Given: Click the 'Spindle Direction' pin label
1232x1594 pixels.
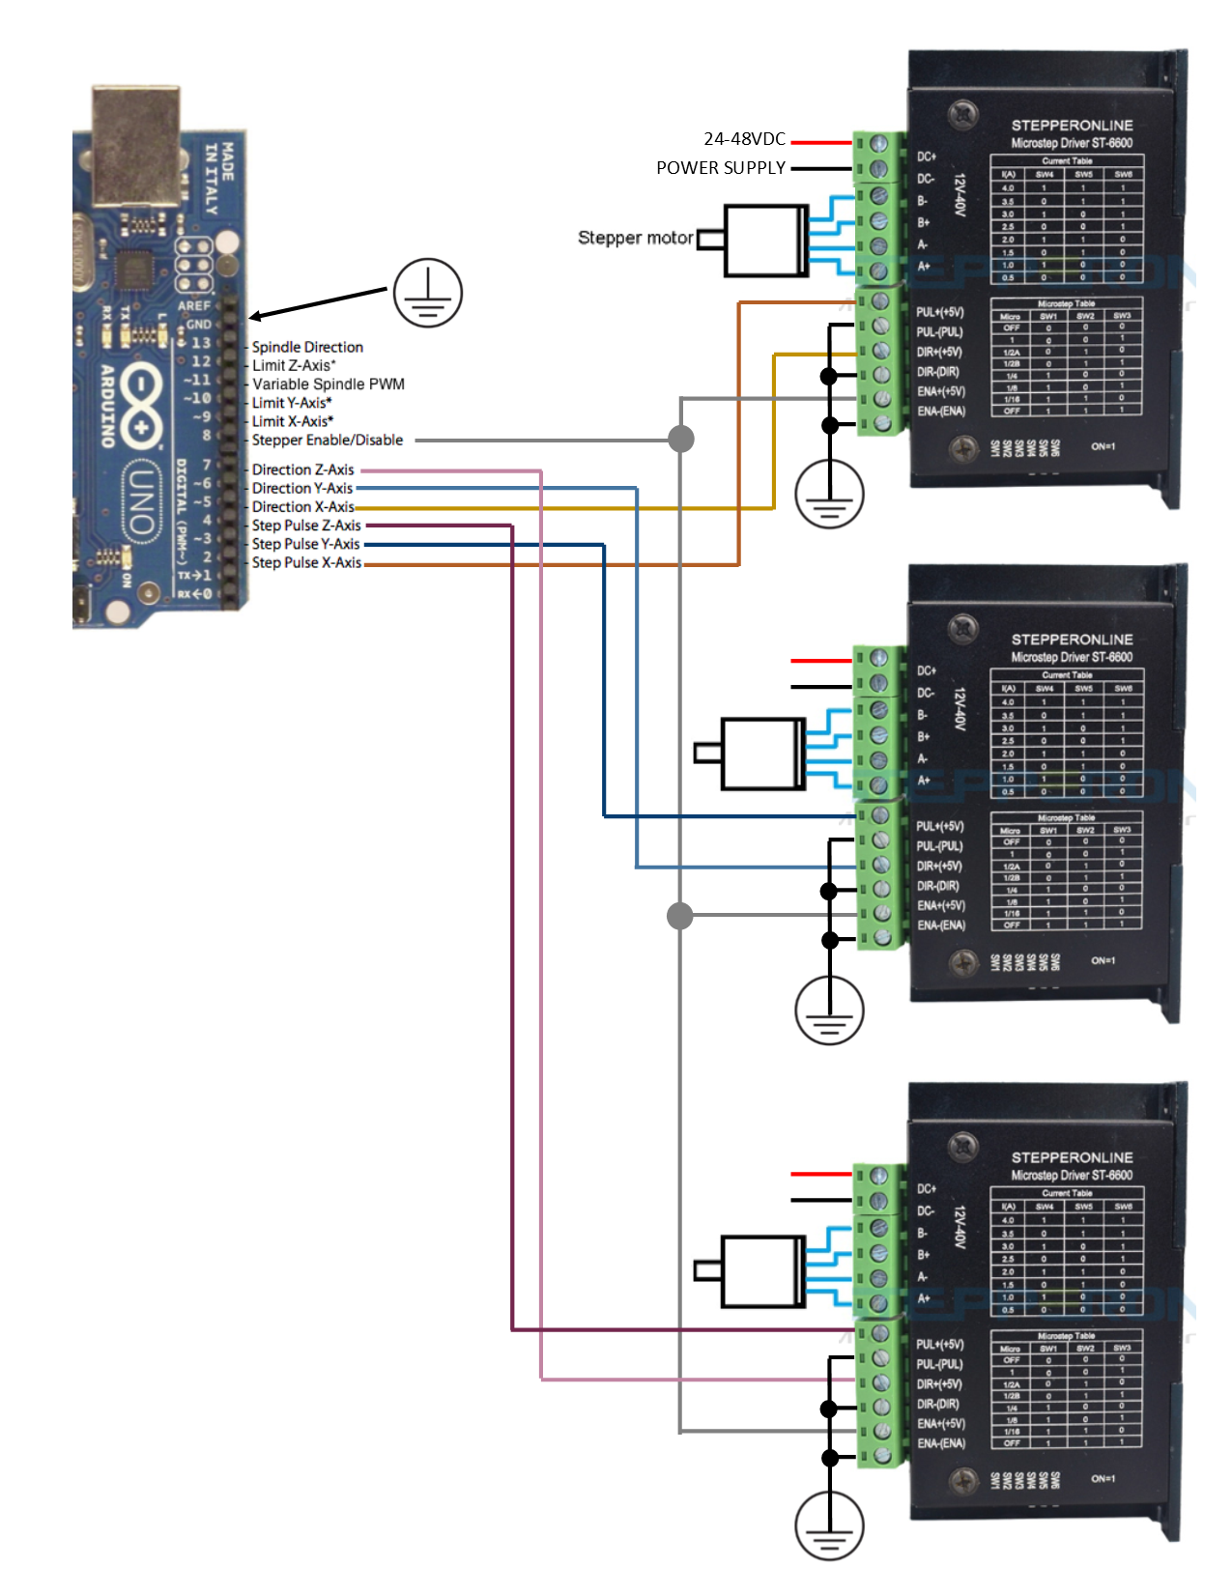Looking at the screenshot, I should [x=307, y=347].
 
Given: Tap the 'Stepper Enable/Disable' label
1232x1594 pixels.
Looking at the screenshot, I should [x=328, y=440].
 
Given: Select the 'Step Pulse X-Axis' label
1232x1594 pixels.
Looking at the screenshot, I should [x=306, y=562].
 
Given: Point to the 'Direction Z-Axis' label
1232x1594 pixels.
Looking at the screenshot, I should [x=303, y=470].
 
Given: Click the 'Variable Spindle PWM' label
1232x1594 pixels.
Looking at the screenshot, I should [x=329, y=384].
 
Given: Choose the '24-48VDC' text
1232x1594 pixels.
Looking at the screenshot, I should [x=744, y=139].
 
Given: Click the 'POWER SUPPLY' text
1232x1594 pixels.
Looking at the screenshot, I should [x=721, y=168].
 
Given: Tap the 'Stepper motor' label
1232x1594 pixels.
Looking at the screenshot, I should [x=635, y=238].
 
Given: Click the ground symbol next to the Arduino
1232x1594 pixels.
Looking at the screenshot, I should [x=428, y=293].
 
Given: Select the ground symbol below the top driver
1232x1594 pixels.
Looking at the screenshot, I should [x=829, y=495].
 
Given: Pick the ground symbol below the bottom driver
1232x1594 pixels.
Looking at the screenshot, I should [x=829, y=1526].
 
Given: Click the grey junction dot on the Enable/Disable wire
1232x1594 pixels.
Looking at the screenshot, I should [x=681, y=440].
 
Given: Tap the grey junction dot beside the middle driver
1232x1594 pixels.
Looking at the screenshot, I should [x=680, y=915].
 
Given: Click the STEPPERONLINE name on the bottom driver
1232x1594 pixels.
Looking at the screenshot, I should [x=1072, y=1157].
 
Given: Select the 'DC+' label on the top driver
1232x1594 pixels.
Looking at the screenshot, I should [x=927, y=157].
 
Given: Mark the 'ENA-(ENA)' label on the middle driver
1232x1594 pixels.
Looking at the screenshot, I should [x=941, y=925].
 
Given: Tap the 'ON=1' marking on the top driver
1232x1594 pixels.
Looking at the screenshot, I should [x=1103, y=446].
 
